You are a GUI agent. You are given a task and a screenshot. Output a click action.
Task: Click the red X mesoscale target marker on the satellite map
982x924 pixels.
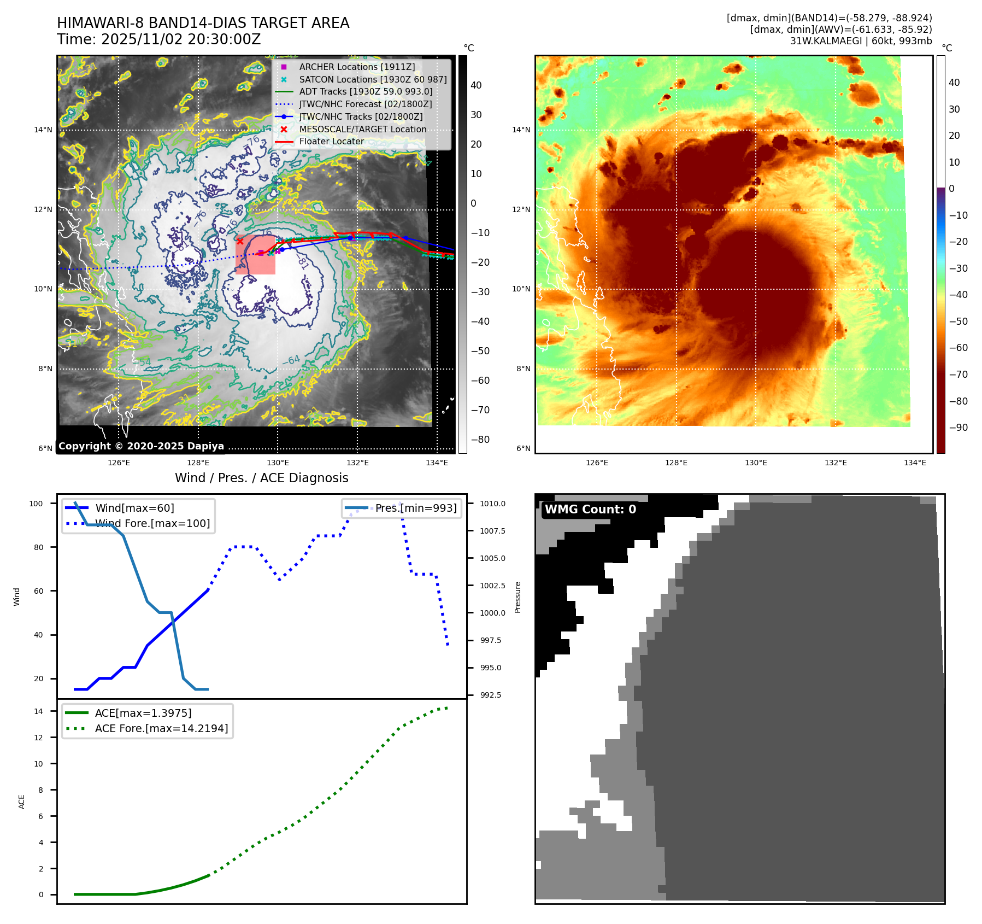(x=240, y=241)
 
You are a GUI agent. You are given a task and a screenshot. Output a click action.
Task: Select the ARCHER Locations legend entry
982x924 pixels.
(x=357, y=67)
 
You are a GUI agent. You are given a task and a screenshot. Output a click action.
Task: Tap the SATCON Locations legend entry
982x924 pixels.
(x=373, y=79)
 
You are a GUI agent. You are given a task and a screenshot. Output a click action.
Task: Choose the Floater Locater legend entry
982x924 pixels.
(x=331, y=141)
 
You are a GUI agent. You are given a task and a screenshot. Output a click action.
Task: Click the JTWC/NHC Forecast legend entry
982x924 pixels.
(x=365, y=104)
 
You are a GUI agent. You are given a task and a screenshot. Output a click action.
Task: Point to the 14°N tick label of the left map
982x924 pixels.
(x=43, y=130)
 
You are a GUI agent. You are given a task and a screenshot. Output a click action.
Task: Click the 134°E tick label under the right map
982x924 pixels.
(x=915, y=463)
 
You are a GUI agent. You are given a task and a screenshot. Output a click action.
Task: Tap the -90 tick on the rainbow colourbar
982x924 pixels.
(x=958, y=428)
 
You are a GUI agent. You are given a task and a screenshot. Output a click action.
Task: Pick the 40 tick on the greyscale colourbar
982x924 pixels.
(x=476, y=85)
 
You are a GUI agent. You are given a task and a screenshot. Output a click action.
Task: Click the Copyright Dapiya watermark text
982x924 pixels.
(x=141, y=446)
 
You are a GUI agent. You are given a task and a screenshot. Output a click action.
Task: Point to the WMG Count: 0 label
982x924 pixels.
(x=590, y=510)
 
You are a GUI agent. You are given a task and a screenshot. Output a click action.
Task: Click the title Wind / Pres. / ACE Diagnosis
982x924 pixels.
(x=261, y=478)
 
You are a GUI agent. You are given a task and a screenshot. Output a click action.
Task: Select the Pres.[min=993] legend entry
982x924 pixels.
(x=416, y=508)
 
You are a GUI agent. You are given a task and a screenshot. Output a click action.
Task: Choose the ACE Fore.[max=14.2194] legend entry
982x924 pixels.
(x=161, y=728)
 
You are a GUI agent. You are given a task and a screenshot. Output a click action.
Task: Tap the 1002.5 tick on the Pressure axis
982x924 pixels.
(x=492, y=586)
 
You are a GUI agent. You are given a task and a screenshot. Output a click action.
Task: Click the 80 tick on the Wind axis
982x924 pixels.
(x=38, y=547)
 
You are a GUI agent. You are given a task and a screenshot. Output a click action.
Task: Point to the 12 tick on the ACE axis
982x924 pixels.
(x=38, y=738)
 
